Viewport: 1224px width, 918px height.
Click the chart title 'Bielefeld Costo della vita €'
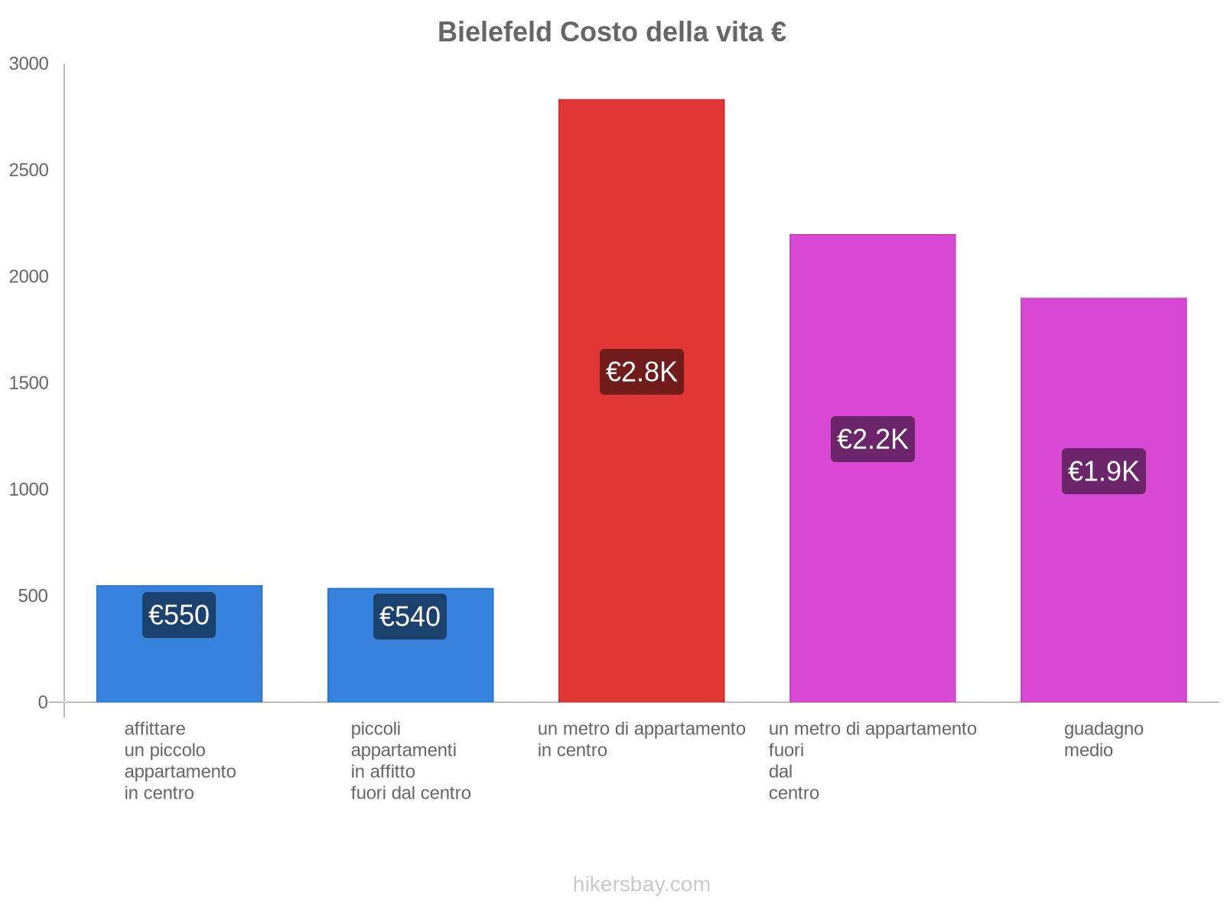tap(611, 32)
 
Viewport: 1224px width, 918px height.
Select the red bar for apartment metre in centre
tap(641, 229)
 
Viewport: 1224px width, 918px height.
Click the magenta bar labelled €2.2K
tap(872, 321)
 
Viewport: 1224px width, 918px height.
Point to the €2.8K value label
tap(641, 372)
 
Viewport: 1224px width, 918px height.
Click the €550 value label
tap(179, 615)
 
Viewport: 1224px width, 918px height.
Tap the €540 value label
tap(410, 617)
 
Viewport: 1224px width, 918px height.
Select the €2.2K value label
tap(872, 439)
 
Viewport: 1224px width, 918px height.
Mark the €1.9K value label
tap(1103, 471)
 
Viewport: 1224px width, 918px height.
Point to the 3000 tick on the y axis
tap(29, 64)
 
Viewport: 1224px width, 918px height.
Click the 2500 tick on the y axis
tap(29, 171)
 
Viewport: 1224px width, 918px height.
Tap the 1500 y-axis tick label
tap(29, 383)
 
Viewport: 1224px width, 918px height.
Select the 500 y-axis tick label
tap(34, 596)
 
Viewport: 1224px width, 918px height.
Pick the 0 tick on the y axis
tap(43, 702)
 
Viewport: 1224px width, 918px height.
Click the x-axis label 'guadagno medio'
tap(1103, 739)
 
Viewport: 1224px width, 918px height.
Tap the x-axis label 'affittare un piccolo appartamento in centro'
tap(180, 760)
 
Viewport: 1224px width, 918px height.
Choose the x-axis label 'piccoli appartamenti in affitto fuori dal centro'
tap(410, 760)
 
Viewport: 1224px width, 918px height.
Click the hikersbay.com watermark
tap(641, 884)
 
